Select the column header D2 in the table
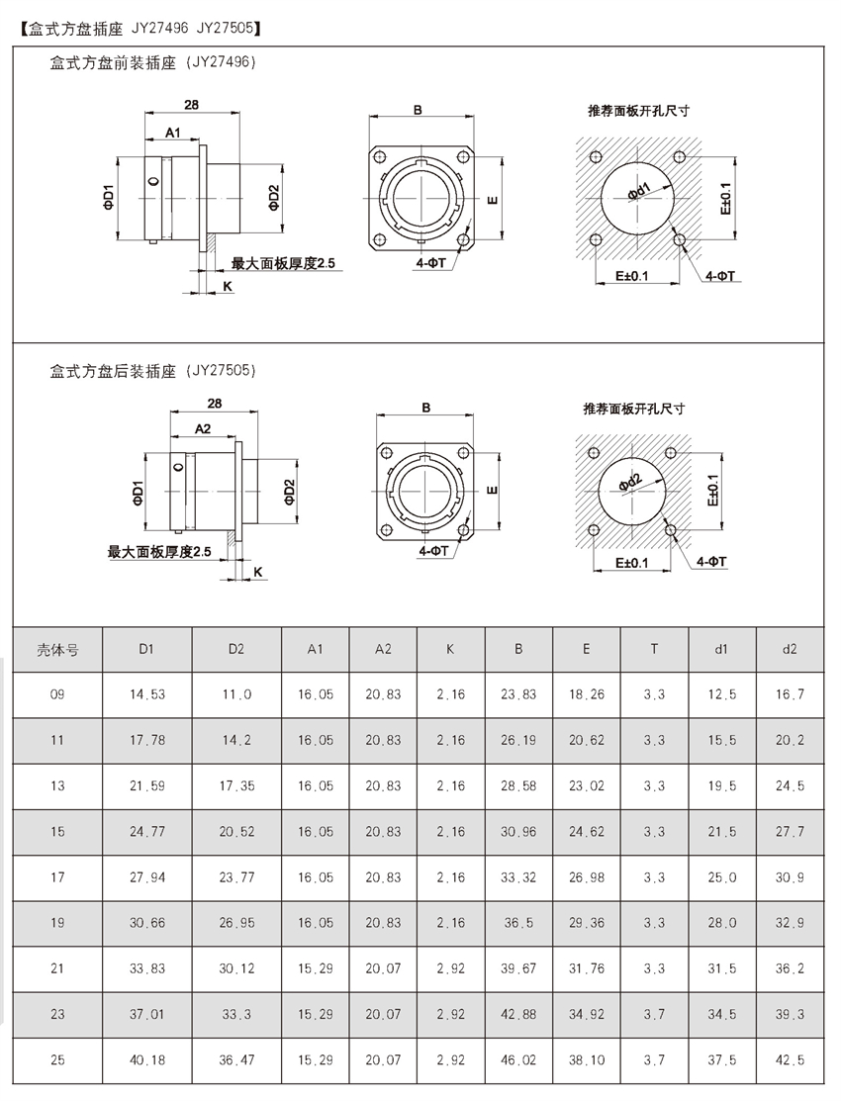235,649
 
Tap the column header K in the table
450,649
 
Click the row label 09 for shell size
57,694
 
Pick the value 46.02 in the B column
518,1060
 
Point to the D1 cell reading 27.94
146,877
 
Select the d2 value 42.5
789,1060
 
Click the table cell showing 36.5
518,923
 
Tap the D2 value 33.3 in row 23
235,1014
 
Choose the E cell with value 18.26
587,694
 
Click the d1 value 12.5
722,694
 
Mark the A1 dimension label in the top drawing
173,132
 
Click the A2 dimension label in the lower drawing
203,428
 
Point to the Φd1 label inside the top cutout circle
637,190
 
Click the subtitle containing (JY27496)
153,62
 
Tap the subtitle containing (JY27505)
153,371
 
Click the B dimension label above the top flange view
419,111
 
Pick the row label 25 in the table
57,1060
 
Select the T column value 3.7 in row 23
654,1014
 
